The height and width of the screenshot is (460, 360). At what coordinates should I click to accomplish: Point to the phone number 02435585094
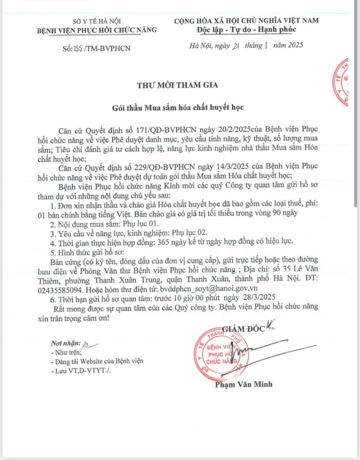pos(72,288)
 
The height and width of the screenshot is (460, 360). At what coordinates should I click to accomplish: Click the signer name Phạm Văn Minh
pos(243,385)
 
